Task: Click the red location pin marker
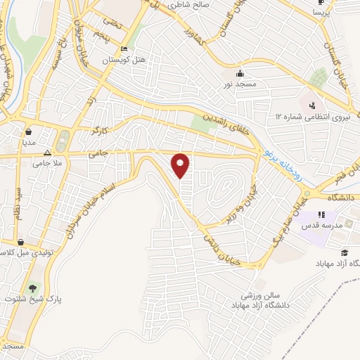tap(181, 165)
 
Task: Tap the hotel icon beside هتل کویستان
tap(124, 49)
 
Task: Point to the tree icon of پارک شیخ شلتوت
tap(32, 288)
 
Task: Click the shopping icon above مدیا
tap(29, 131)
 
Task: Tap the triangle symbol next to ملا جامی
tap(47, 153)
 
